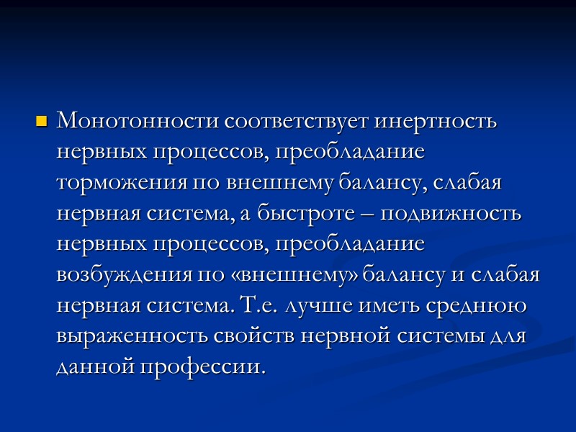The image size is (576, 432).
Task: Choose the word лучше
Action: point(310,307)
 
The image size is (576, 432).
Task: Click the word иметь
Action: point(381,307)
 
